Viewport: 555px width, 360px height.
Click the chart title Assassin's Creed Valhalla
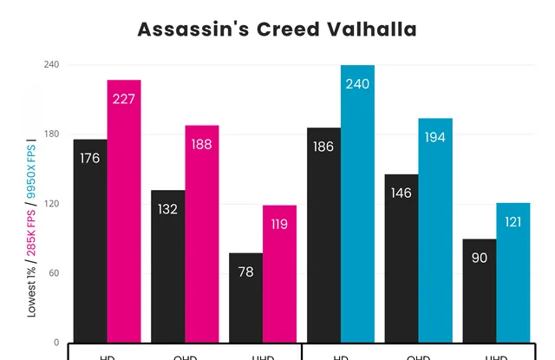click(277, 29)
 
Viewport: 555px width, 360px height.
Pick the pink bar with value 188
click(202, 233)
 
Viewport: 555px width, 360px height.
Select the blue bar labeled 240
click(357, 203)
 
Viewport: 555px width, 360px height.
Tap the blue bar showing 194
click(435, 230)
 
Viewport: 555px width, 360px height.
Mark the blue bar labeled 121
click(513, 272)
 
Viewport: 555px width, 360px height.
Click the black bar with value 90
click(480, 291)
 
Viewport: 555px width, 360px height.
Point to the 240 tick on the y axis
click(52, 65)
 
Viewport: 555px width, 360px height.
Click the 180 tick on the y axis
click(52, 134)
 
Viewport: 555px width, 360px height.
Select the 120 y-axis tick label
click(52, 204)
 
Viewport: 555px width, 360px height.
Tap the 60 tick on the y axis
click(55, 273)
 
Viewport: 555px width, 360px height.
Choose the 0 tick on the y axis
click(57, 342)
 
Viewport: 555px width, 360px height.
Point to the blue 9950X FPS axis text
click(31, 173)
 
